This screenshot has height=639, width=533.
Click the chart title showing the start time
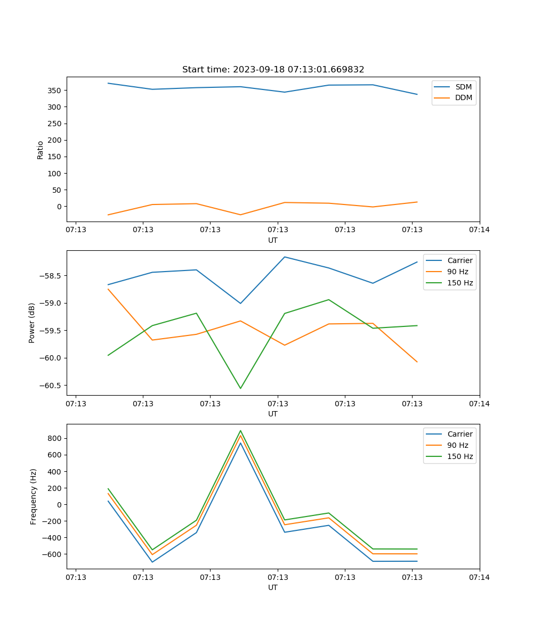[x=273, y=70]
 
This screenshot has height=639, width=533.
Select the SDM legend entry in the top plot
[x=463, y=87]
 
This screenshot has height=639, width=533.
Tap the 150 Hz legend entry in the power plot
[x=460, y=283]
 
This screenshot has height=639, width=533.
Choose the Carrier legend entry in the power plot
[x=459, y=260]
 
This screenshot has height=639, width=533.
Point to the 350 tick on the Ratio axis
[x=55, y=91]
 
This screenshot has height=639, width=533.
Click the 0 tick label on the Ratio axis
[x=59, y=207]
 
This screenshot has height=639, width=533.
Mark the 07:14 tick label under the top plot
[x=479, y=230]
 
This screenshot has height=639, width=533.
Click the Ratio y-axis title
[x=41, y=150]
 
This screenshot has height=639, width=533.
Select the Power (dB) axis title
[x=32, y=323]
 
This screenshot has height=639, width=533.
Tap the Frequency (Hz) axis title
[x=34, y=496]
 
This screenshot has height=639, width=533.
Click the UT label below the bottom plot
[x=273, y=587]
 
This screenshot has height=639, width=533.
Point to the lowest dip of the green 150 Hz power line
[x=240, y=388]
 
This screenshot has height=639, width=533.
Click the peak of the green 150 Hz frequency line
[x=240, y=431]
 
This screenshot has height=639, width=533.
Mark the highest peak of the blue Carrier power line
[x=285, y=257]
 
